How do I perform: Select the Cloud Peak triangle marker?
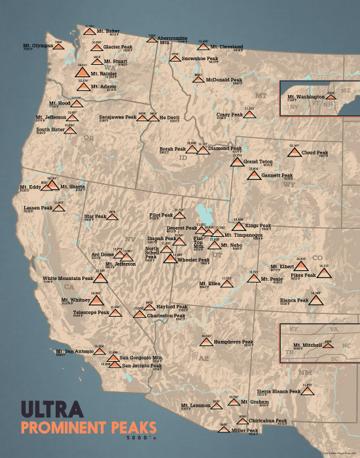click(293, 153)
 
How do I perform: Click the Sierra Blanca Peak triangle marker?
click(308, 391)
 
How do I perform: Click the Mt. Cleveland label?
click(230, 47)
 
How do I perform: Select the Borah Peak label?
click(173, 149)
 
